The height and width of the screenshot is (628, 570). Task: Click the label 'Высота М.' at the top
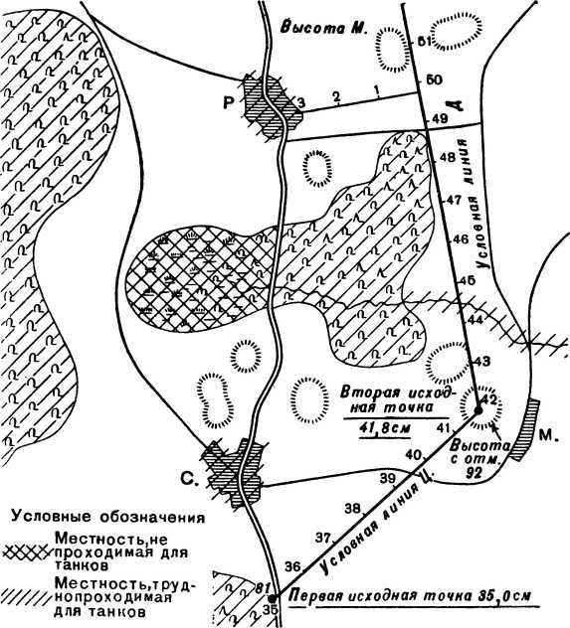(323, 28)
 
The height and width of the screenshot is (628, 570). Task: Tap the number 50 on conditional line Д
(434, 79)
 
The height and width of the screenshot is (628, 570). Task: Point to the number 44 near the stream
(475, 320)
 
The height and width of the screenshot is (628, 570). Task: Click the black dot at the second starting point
(477, 409)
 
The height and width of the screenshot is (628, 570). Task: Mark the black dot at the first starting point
(272, 598)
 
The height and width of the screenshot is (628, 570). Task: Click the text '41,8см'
(385, 428)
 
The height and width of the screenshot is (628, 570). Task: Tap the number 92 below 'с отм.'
(474, 474)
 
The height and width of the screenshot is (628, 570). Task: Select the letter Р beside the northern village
(229, 103)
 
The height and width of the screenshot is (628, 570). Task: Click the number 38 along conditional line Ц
(353, 508)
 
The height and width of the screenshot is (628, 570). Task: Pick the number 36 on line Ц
(293, 566)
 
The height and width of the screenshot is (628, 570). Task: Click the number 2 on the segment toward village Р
(336, 95)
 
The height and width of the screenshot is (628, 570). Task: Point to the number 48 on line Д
(448, 157)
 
